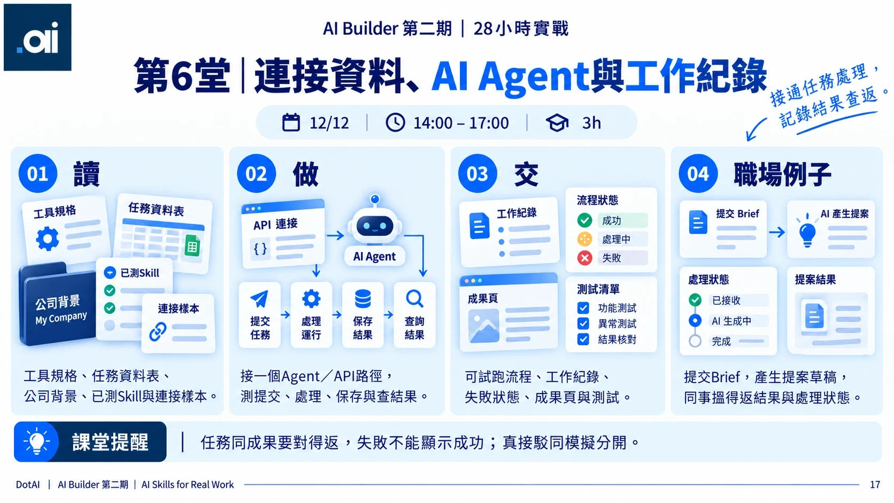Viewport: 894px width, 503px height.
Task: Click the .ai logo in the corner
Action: [x=37, y=37]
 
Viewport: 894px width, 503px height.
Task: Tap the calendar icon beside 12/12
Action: [x=291, y=122]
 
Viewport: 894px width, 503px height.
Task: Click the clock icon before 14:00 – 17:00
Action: [x=395, y=122]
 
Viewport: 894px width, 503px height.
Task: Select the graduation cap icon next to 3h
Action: [x=557, y=123]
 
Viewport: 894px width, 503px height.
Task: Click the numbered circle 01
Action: [x=38, y=174]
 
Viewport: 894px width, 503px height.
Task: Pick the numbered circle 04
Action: [x=698, y=174]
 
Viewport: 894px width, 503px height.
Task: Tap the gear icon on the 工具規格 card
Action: [x=48, y=238]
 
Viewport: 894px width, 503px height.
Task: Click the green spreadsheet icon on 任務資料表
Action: [x=192, y=246]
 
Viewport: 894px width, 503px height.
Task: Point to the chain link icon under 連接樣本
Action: [x=158, y=332]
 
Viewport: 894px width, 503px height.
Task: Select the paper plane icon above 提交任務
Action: [x=259, y=299]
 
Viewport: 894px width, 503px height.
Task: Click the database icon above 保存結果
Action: [x=363, y=299]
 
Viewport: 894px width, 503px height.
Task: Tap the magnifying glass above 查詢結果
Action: [x=415, y=299]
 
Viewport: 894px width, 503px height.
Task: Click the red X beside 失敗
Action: [x=585, y=258]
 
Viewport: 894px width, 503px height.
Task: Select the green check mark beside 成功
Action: [x=585, y=220]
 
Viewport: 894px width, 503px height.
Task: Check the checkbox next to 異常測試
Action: [x=583, y=323]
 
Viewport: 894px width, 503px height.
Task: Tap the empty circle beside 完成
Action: [x=695, y=341]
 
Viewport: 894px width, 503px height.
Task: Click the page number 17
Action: [x=875, y=484]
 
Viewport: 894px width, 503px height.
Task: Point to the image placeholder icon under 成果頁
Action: [x=484, y=327]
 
